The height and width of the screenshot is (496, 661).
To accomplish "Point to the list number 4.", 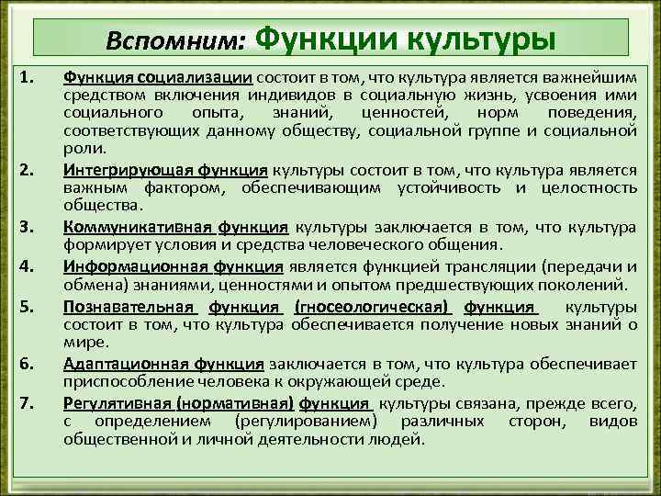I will pos(26,267).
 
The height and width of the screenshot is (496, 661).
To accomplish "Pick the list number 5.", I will pos(26,308).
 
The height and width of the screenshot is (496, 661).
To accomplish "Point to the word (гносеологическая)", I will pos(373,308).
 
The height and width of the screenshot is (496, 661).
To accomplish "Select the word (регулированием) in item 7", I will pos(306,420).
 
